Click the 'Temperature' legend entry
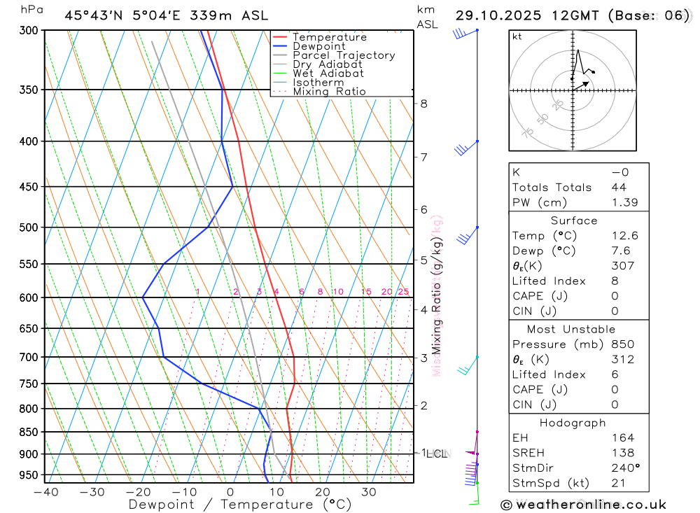pos(329,37)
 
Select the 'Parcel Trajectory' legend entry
pos(344,55)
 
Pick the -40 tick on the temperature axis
pos(45,492)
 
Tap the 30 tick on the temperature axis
pos(368,492)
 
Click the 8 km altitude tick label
pos(423,104)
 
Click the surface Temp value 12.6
pos(624,236)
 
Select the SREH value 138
pos(622,453)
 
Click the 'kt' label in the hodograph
pos(517,36)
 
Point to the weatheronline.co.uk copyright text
pos(583,505)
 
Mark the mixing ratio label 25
pos(403,292)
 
